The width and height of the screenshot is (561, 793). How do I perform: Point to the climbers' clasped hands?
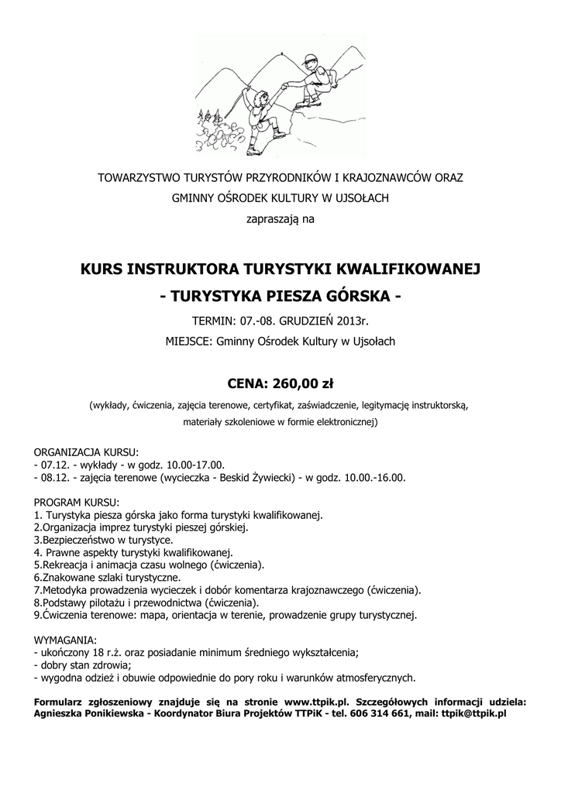pos(285,87)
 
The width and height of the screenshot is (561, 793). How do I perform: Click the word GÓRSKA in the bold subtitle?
pos(360,296)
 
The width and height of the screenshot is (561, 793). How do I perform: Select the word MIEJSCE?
pos(187,341)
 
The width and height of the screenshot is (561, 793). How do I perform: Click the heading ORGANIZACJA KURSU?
pos(87,452)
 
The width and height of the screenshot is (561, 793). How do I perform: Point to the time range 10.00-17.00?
pos(191,465)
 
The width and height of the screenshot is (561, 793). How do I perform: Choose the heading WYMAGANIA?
pos(66,640)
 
